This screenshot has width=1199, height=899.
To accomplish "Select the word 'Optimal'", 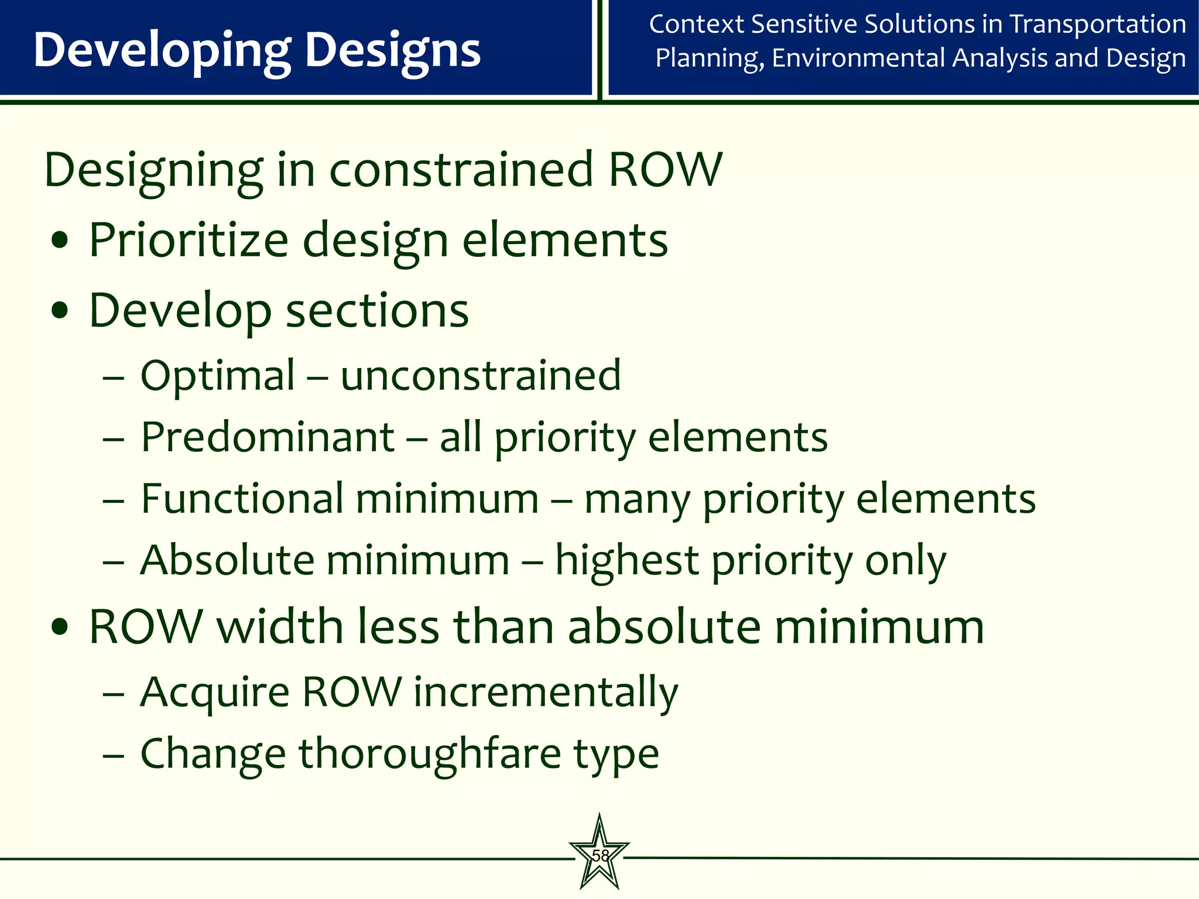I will click(x=218, y=376).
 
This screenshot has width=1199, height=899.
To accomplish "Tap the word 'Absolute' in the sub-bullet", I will click(x=228, y=560).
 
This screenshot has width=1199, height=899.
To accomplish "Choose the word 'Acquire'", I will click(x=215, y=692).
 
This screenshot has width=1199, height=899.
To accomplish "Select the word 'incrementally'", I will click(x=546, y=692).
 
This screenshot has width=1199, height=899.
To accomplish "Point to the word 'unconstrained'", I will click(x=481, y=376).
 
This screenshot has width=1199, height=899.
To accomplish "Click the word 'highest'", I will click(x=627, y=560).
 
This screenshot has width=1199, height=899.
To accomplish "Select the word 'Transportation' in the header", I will click(x=1098, y=25).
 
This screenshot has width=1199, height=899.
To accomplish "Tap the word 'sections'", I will click(x=378, y=310).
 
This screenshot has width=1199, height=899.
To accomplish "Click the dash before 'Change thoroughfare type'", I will click(x=113, y=755).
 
